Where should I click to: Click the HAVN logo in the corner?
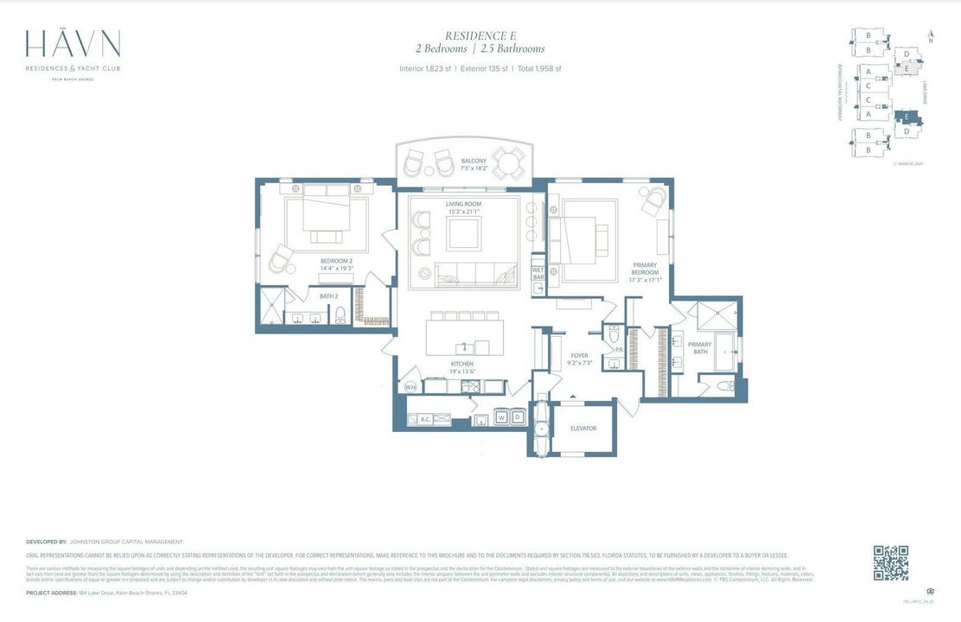click(73, 45)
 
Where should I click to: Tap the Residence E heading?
click(480, 35)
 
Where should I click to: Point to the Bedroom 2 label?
click(336, 263)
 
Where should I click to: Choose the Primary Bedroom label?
click(644, 272)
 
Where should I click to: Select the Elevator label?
click(583, 428)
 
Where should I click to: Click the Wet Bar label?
click(538, 274)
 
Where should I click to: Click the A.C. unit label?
click(425, 419)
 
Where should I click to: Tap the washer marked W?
click(501, 417)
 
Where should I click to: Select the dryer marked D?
click(518, 417)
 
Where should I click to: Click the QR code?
click(890, 562)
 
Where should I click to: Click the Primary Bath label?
click(699, 348)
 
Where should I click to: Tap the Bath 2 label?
click(328, 296)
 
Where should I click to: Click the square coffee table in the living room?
click(464, 232)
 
